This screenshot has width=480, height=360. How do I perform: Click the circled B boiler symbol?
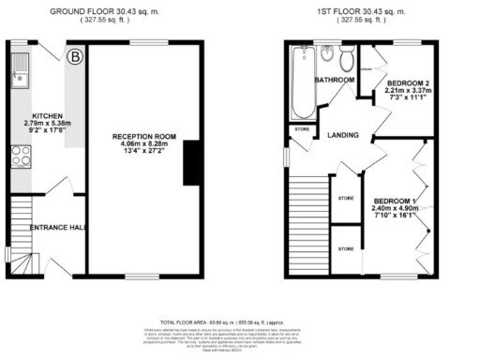(75, 57)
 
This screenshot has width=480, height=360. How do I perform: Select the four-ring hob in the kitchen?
(20, 157)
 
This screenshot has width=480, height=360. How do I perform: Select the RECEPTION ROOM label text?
(140, 137)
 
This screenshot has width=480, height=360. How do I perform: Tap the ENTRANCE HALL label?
(57, 227)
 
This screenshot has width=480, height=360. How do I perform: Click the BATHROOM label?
(334, 81)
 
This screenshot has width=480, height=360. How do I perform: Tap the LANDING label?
(343, 135)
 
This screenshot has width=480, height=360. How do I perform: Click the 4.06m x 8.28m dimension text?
(140, 145)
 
